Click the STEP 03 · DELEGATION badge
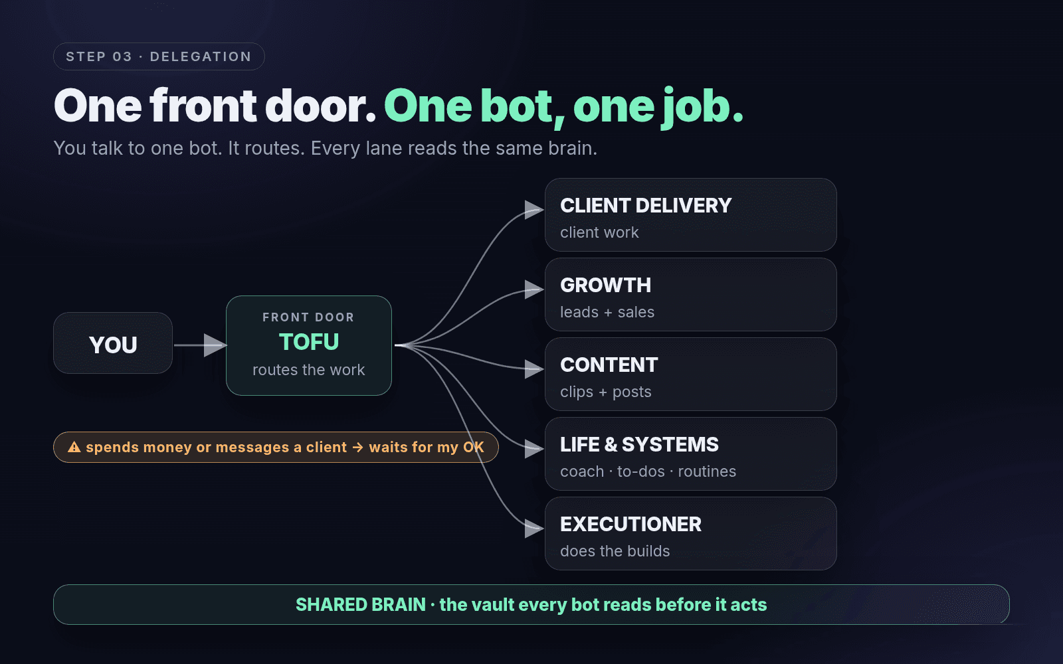click(x=159, y=56)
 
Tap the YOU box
click(x=113, y=343)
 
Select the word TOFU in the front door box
click(x=309, y=342)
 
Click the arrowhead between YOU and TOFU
click(x=215, y=345)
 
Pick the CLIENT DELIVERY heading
click(x=645, y=206)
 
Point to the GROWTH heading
click(x=605, y=286)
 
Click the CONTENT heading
click(x=609, y=365)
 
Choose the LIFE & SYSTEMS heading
click(x=639, y=445)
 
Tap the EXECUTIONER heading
click(x=630, y=525)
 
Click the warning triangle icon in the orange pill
click(x=74, y=447)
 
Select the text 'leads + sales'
click(x=607, y=312)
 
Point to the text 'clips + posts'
click(x=605, y=392)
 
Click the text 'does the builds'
click(x=615, y=551)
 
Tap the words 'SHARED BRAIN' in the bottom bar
click(x=361, y=605)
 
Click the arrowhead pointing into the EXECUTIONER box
click(x=534, y=528)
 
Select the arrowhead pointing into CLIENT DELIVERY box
click(x=534, y=210)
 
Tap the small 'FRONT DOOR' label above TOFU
click(x=308, y=317)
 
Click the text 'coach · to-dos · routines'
click(x=648, y=471)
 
